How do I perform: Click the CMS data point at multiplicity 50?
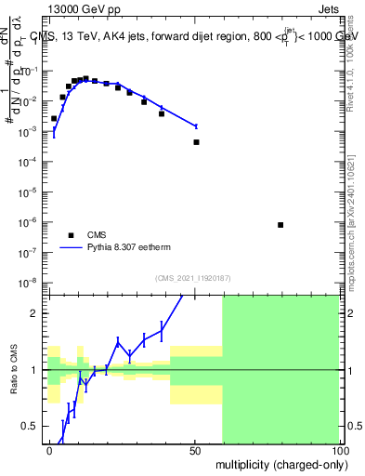click(196, 142)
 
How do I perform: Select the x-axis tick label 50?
click(194, 450)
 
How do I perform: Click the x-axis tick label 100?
click(338, 450)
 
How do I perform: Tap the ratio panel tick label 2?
click(37, 313)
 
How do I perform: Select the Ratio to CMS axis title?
click(14, 370)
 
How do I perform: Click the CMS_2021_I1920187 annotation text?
click(192, 278)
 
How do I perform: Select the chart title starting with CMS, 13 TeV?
click(193, 35)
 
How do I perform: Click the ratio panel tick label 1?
click(37, 370)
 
